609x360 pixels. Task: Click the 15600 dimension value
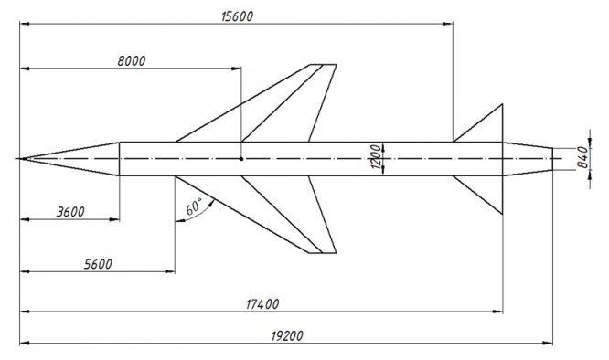[237, 16]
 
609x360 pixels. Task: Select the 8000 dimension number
[132, 61]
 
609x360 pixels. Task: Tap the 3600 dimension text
[70, 212]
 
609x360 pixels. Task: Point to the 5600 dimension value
[98, 265]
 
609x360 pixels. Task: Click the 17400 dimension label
[262, 304]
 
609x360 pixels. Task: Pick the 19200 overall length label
[286, 336]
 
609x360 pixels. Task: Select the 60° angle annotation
[194, 207]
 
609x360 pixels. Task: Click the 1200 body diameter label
[376, 157]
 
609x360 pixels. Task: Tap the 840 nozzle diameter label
[582, 157]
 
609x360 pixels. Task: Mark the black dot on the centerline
[241, 159]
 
